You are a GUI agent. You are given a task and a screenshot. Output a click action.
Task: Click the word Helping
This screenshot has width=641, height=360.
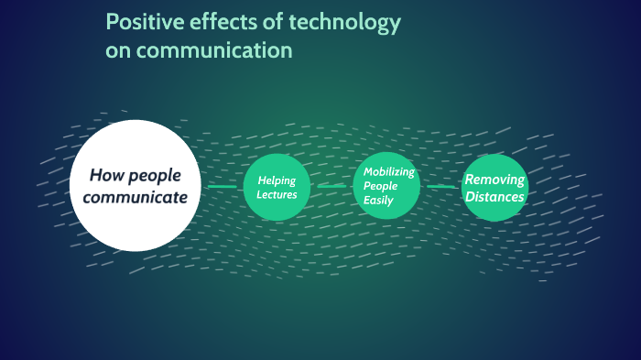point(277,180)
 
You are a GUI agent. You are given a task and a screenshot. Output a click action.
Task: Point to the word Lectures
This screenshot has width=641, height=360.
point(277,194)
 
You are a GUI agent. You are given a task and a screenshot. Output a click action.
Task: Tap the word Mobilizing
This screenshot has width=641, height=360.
point(389,171)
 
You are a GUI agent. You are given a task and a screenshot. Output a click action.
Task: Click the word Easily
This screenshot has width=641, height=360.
point(378,200)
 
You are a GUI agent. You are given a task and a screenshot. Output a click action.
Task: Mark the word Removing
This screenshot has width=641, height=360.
point(494,180)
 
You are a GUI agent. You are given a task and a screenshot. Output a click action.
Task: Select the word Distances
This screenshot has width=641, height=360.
point(494,196)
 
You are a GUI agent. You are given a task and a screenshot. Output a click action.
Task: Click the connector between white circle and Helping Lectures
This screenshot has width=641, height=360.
point(222,187)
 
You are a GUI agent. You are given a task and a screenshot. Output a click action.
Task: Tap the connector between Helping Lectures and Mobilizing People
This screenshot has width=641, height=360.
point(331,187)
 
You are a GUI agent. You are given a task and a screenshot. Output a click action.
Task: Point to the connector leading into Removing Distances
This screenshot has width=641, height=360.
point(441,187)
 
